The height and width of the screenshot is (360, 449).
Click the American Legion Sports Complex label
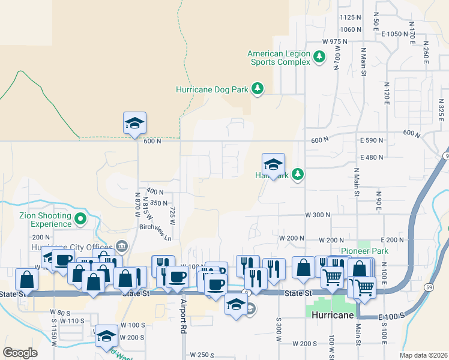tap(279, 58)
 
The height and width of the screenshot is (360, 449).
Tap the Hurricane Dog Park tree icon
tap(258, 89)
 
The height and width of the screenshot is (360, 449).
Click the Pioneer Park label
tap(364, 251)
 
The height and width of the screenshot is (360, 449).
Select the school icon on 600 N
tap(134, 123)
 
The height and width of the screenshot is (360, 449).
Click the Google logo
tap(20, 353)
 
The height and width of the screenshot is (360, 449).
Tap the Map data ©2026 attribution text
tap(423, 355)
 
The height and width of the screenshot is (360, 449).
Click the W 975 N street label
tap(334, 41)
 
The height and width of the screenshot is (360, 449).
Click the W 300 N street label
tap(318, 215)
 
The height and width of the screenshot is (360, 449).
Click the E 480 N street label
tap(372, 157)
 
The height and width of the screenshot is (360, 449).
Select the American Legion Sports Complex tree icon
tap(320, 58)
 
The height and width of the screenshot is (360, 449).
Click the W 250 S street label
tap(202, 355)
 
